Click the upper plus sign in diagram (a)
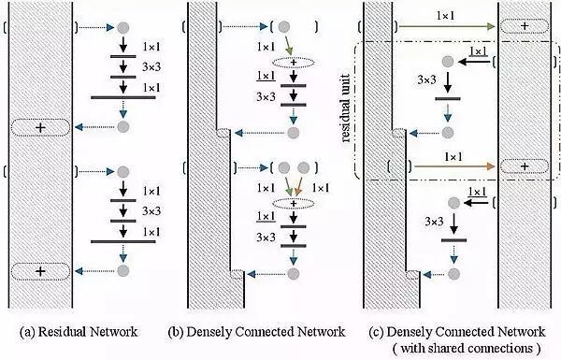(x=40, y=126)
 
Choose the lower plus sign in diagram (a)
(x=40, y=271)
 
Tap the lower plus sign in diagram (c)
(x=526, y=166)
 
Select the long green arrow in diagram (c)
(x=439, y=26)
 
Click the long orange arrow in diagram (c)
(x=439, y=166)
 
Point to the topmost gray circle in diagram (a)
(x=122, y=26)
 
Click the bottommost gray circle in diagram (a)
(x=122, y=271)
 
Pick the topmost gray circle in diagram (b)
(x=294, y=26)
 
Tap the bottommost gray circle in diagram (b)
(x=294, y=274)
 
